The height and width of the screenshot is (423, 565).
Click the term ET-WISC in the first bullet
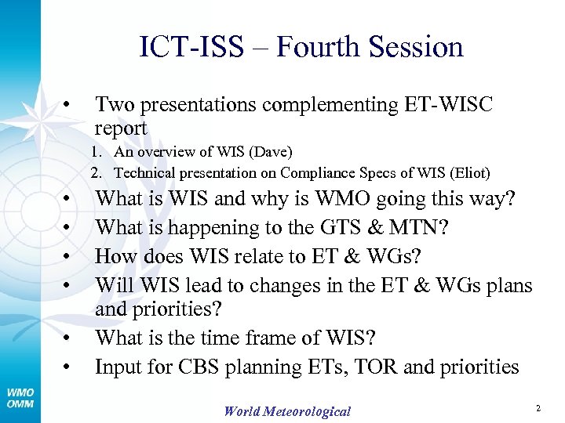(x=447, y=105)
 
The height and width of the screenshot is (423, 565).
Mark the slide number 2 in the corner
(x=538, y=408)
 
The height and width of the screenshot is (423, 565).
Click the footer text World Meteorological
(x=287, y=411)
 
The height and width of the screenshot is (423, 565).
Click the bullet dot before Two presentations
(x=70, y=105)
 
